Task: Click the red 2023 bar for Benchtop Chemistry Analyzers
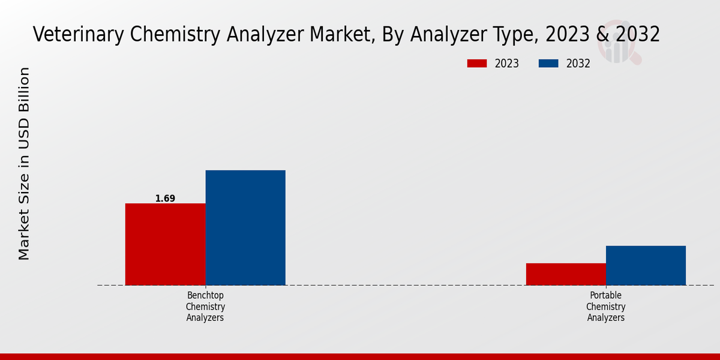point(165,244)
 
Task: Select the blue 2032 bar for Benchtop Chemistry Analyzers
point(245,227)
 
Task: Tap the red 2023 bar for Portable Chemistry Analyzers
point(566,274)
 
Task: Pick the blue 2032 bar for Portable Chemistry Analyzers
point(646,265)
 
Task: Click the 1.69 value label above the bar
point(165,199)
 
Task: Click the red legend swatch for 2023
point(477,64)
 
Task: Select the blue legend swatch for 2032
point(548,64)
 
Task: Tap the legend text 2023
point(507,64)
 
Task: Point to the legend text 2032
point(578,64)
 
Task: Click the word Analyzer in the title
point(260,34)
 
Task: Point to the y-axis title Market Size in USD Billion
point(24,163)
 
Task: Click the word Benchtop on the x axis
point(205,296)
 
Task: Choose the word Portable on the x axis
point(605,296)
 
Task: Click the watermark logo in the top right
point(619,42)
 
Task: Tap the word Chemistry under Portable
point(605,307)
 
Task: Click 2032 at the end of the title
point(637,34)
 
